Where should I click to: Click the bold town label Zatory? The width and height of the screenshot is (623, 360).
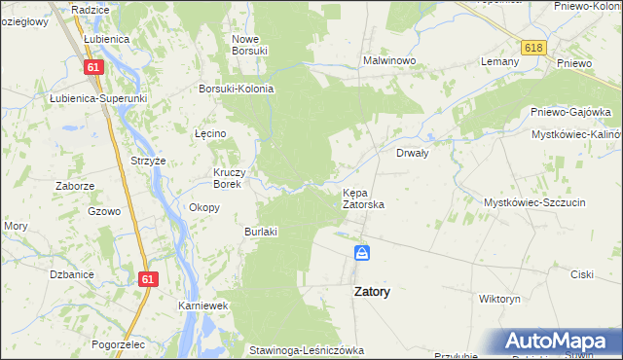coord(366,291)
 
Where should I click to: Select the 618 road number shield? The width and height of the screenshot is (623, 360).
coord(532,48)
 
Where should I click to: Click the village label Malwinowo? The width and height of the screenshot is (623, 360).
coord(389,60)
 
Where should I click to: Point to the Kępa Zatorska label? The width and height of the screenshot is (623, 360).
coord(363,198)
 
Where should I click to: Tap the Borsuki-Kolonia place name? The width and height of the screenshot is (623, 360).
coord(236,89)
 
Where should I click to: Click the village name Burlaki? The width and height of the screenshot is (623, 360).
coord(261,232)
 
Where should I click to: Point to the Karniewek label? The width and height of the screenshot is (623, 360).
coord(202,306)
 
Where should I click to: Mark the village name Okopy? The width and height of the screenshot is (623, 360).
coord(203,207)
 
